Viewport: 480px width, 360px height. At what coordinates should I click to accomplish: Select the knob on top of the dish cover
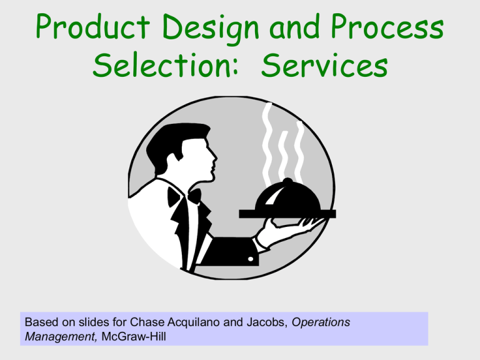[287, 181]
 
